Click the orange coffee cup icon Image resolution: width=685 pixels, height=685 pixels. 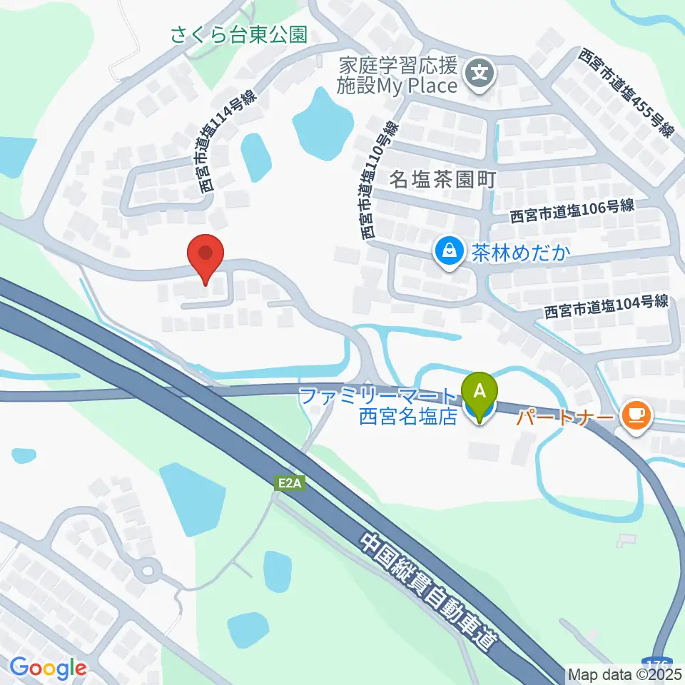tap(635, 415)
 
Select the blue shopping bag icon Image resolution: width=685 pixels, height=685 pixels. tap(449, 252)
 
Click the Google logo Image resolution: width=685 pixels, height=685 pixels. tap(48, 668)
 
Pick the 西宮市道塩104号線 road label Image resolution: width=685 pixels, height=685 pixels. tap(607, 307)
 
